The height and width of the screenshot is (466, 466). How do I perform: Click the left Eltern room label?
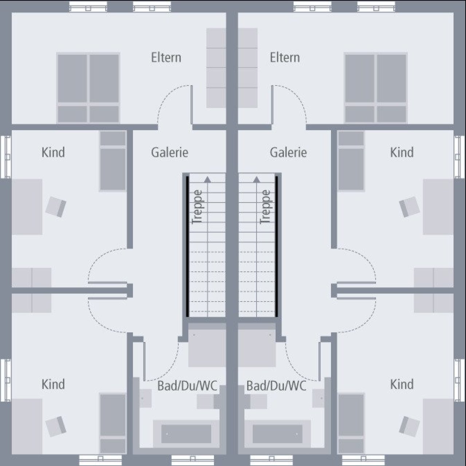coord(166,58)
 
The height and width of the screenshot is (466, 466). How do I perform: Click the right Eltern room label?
coord(285,58)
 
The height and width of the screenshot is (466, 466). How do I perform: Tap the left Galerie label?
coord(170,152)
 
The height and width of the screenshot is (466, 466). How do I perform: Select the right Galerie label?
coord(288,152)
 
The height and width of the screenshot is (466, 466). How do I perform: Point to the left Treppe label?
coord(198,207)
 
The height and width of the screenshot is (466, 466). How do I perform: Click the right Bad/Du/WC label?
coord(276,386)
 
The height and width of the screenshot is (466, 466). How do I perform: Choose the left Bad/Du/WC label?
coord(187,386)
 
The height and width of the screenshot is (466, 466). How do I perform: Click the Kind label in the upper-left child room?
coord(53,152)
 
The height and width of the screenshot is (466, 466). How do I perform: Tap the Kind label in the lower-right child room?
coord(402,384)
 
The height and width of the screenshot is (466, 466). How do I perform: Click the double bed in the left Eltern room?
coord(88,88)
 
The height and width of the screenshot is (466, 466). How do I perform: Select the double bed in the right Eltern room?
coord(375,88)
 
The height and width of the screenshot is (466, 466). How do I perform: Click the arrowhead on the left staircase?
coord(208,179)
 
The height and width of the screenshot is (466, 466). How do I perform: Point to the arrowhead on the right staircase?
coord(256,179)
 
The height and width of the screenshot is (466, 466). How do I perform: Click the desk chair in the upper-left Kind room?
coord(56,207)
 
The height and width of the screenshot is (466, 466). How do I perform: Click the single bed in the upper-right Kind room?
coord(351,161)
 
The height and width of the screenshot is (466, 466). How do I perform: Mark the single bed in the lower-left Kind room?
coord(113,423)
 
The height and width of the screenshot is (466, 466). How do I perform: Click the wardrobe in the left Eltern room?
coord(216,68)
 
